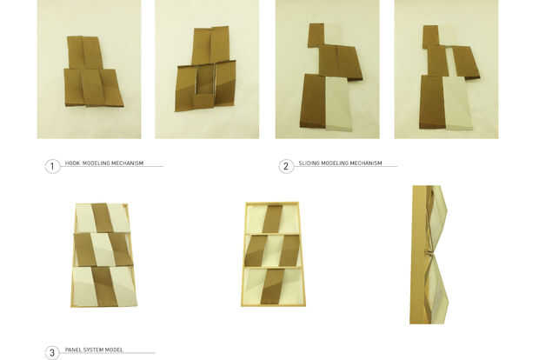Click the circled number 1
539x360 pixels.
point(52,167)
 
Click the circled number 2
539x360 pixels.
point(286,167)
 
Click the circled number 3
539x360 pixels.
point(52,353)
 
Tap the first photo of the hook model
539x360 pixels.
point(89,69)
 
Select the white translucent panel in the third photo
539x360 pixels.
point(339,103)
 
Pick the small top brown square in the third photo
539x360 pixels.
point(316,35)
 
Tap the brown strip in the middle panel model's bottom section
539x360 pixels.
point(271,287)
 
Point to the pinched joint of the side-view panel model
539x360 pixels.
point(429,255)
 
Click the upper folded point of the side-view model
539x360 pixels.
point(447,207)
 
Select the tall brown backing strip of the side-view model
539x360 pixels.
point(419,255)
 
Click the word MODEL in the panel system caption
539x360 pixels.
point(114,350)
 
